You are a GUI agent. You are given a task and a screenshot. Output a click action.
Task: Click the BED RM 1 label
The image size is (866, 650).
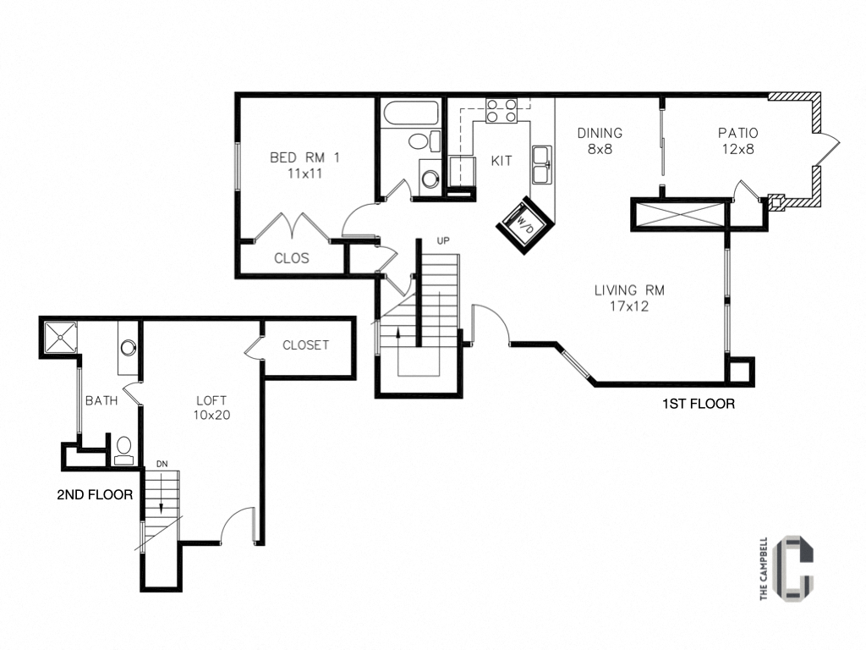pos(304,157)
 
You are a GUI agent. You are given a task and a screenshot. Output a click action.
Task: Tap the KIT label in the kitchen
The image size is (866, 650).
pos(502,161)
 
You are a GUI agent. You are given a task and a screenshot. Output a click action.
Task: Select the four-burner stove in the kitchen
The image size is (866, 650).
pos(501,111)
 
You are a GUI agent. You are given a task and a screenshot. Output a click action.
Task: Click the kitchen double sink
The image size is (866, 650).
pos(541,162)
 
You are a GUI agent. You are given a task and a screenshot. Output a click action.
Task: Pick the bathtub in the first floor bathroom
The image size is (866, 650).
pos(410,114)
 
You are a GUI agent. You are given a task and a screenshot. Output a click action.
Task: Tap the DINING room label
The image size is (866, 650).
pos(600,133)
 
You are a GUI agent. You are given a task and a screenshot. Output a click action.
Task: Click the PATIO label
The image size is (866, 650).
pos(737,133)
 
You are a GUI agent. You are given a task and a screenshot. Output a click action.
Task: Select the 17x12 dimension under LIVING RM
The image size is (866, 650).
pos(628,306)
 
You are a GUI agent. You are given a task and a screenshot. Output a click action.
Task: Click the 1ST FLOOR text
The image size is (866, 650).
pos(698,405)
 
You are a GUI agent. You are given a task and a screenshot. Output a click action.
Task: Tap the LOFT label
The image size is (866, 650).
pos(212,400)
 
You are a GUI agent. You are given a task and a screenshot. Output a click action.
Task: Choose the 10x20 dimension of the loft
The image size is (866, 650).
pos(212,416)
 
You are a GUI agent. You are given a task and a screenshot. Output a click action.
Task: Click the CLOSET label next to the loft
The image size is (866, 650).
pos(305,345)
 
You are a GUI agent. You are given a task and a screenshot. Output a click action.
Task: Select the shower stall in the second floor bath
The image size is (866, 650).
pos(60,337)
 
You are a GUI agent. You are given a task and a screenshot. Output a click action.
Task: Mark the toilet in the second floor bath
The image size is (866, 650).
pos(123,450)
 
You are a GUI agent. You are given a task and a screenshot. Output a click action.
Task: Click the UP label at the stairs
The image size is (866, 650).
pos(442,240)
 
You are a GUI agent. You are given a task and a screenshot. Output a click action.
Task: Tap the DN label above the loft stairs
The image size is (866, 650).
pos(162,465)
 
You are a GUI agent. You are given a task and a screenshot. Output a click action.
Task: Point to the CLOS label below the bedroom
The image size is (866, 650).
pos(292,258)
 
